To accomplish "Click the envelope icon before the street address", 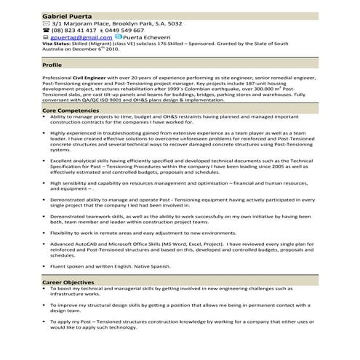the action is point(46,24).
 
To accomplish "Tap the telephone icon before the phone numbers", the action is point(46,31).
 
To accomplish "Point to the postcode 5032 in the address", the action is point(172,24).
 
